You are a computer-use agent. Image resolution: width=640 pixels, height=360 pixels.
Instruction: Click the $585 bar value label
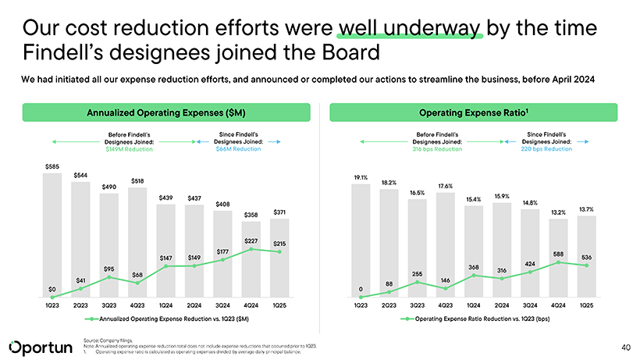point(52,166)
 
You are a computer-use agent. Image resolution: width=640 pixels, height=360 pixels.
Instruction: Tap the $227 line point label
point(251,241)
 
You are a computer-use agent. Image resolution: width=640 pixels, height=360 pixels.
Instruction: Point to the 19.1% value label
point(361,177)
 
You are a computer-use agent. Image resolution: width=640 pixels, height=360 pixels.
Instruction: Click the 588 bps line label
point(559,254)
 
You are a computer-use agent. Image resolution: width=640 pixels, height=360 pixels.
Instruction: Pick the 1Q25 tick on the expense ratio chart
point(587,305)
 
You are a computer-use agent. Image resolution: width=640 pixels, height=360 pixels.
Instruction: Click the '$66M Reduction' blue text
point(238,148)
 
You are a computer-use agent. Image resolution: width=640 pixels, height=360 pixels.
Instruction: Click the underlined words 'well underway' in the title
point(411,29)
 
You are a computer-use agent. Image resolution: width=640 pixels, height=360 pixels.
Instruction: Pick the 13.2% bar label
point(559,212)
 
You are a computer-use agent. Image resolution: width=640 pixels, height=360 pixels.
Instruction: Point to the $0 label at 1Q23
point(52,290)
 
